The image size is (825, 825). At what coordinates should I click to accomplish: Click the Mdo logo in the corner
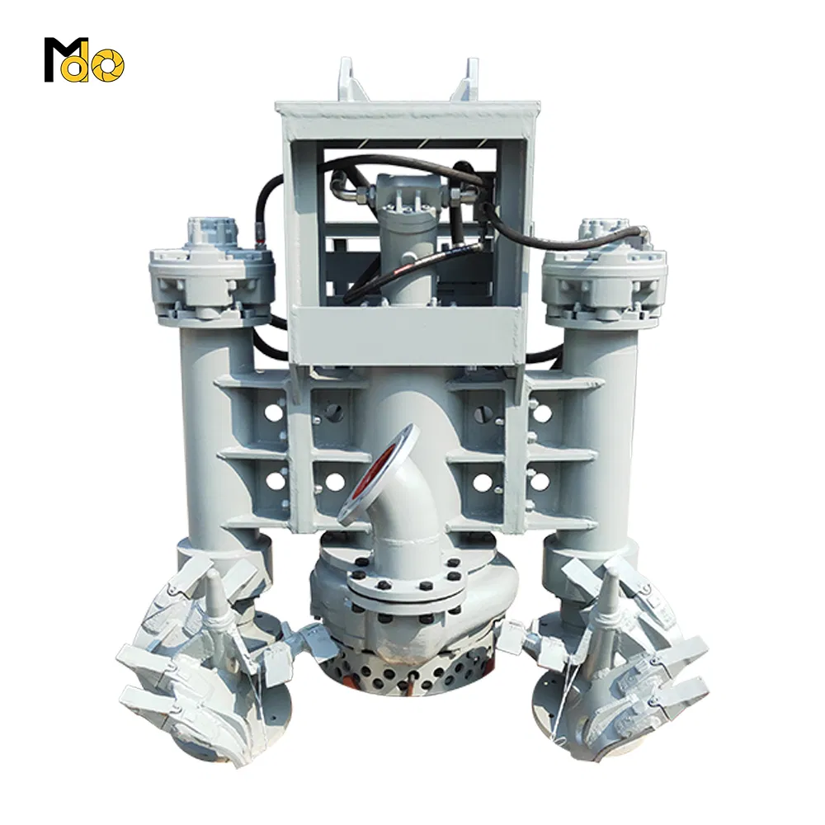pyautogui.click(x=83, y=59)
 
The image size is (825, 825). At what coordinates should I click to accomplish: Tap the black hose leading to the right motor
pyautogui.click(x=561, y=239)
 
